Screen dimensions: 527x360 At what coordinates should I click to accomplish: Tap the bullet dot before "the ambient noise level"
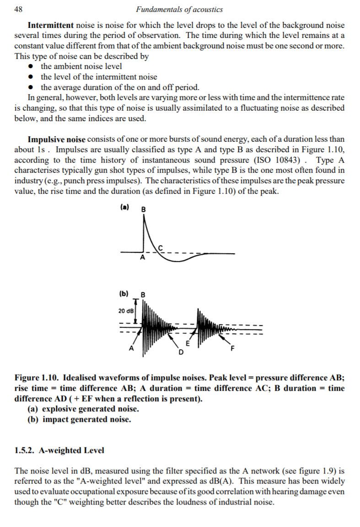pos(31,67)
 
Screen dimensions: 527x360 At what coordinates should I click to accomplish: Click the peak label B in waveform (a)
pos(144,209)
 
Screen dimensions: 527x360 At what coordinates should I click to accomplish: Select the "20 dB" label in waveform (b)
pos(125,311)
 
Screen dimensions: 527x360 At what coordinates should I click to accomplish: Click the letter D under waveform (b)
pos(180,352)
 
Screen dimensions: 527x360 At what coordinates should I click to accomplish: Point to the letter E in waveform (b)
pos(187,343)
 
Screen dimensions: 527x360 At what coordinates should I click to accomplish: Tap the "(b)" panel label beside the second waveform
pos(124,293)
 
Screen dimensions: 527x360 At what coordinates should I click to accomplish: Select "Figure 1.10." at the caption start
pos(37,379)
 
